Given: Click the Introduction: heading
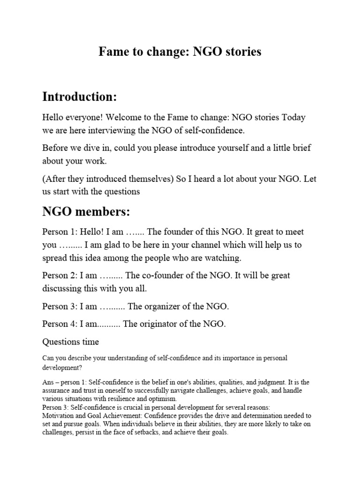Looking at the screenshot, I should (79, 97).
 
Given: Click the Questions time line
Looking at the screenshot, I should (71, 341).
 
